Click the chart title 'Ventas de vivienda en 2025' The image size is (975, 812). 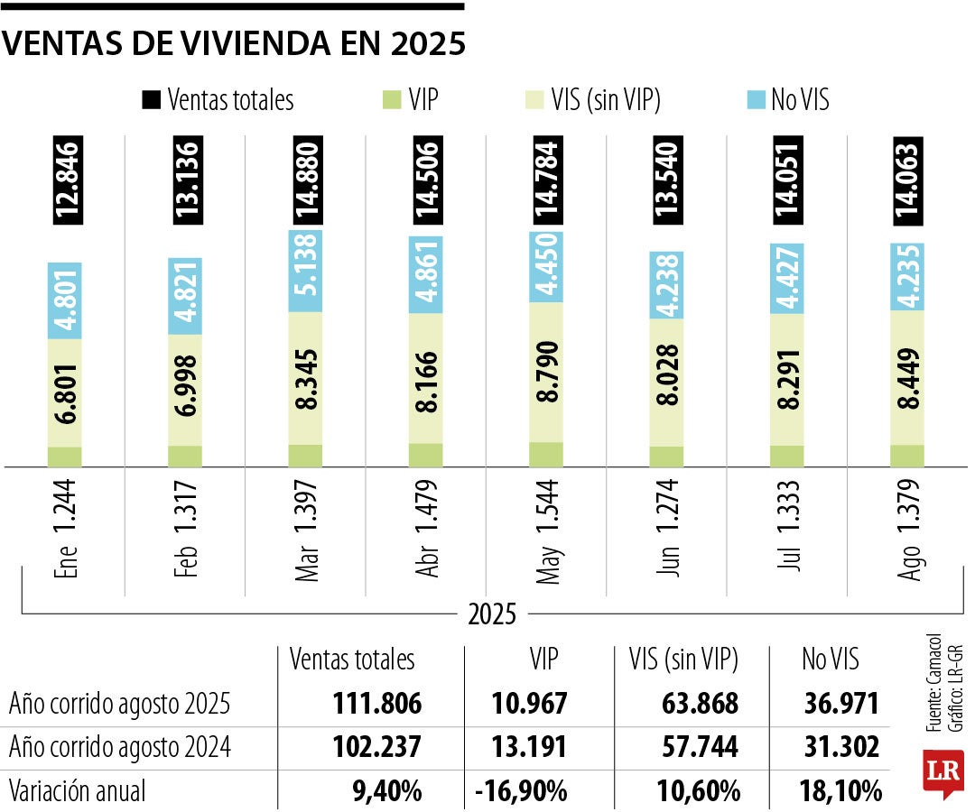(x=235, y=44)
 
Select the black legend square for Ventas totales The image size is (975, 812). (x=150, y=99)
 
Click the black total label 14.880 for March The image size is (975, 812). (x=305, y=181)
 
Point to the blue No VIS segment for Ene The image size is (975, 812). (x=64, y=300)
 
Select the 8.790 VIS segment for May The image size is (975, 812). (x=546, y=372)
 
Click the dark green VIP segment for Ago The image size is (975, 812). (x=907, y=456)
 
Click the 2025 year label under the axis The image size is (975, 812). (x=492, y=615)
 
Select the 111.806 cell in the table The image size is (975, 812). (x=377, y=703)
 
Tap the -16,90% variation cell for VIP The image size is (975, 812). (x=521, y=791)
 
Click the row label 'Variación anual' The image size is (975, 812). (x=77, y=791)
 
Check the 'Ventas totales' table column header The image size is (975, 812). (x=352, y=660)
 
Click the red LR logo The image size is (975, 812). (x=942, y=771)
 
